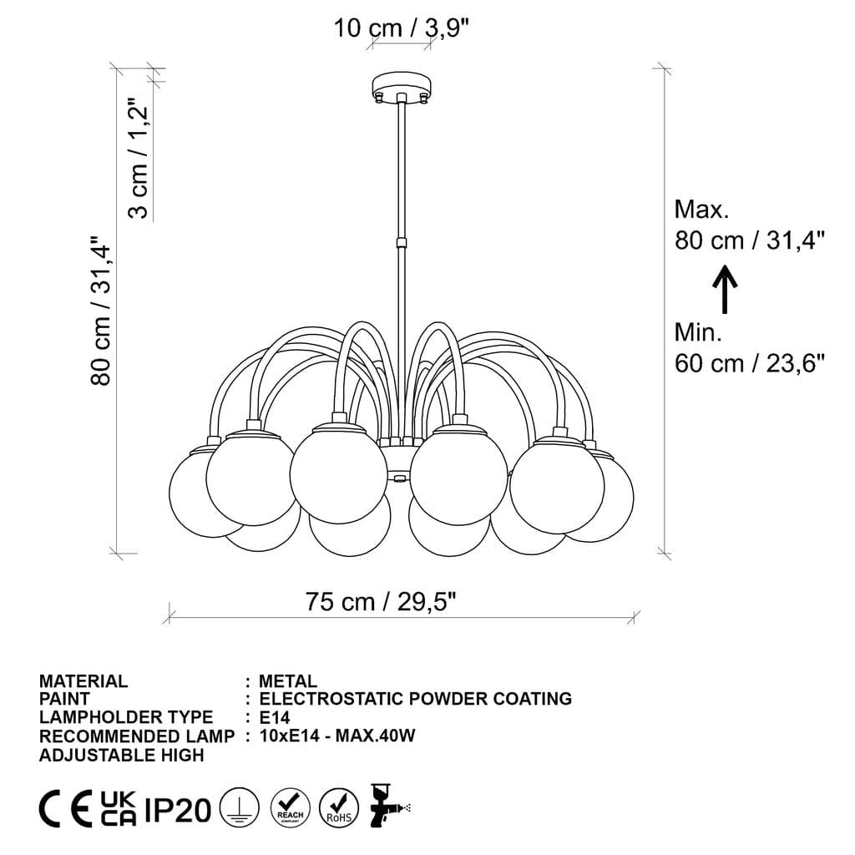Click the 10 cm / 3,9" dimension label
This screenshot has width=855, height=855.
tap(402, 28)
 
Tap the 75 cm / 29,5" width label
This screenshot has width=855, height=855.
tap(381, 601)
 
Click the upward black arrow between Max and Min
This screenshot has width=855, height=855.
tap(725, 288)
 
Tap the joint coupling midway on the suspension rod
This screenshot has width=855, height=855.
tap(402, 244)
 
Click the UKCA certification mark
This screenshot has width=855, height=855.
tap(118, 809)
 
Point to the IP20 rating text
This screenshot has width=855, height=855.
tap(177, 810)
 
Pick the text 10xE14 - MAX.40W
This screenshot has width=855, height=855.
tap(337, 736)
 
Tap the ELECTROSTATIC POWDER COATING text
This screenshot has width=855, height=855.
tap(415, 699)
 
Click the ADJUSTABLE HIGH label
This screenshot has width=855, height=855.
tap(121, 755)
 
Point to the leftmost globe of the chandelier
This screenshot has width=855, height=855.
tap(203, 494)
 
